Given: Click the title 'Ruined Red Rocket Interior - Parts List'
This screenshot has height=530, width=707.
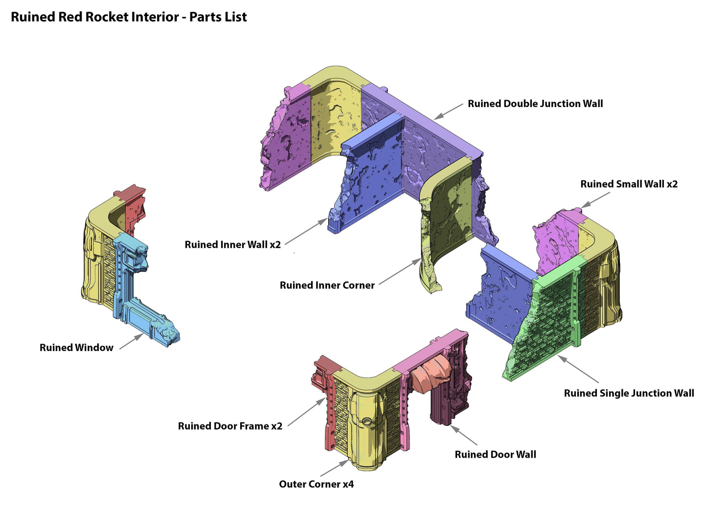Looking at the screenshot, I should [129, 17].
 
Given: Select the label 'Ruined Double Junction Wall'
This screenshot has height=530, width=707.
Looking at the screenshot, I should [535, 104].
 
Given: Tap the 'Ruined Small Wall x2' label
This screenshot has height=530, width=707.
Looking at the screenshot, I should [629, 184].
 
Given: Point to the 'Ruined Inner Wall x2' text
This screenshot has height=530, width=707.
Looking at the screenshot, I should [232, 244].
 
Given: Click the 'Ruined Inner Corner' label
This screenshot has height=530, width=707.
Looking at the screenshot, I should [327, 285].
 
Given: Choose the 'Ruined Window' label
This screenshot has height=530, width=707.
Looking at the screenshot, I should [76, 348].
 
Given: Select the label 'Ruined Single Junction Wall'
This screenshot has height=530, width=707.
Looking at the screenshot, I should [629, 393].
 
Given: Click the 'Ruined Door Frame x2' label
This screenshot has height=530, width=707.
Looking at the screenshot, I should [230, 426].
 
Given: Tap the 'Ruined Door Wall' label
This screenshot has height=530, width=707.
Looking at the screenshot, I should [495, 454].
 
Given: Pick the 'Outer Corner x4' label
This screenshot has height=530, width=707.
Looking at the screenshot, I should [316, 484].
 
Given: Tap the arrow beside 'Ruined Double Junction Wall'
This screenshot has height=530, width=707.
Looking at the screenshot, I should [448, 110].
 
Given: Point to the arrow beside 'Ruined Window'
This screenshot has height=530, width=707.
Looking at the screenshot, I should [131, 341].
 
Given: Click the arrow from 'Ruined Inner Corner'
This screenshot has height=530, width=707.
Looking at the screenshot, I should [399, 272].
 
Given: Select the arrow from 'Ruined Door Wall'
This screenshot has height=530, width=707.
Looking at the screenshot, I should [464, 435].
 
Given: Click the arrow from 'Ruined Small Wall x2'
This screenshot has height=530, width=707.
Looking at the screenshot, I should [596, 199].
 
